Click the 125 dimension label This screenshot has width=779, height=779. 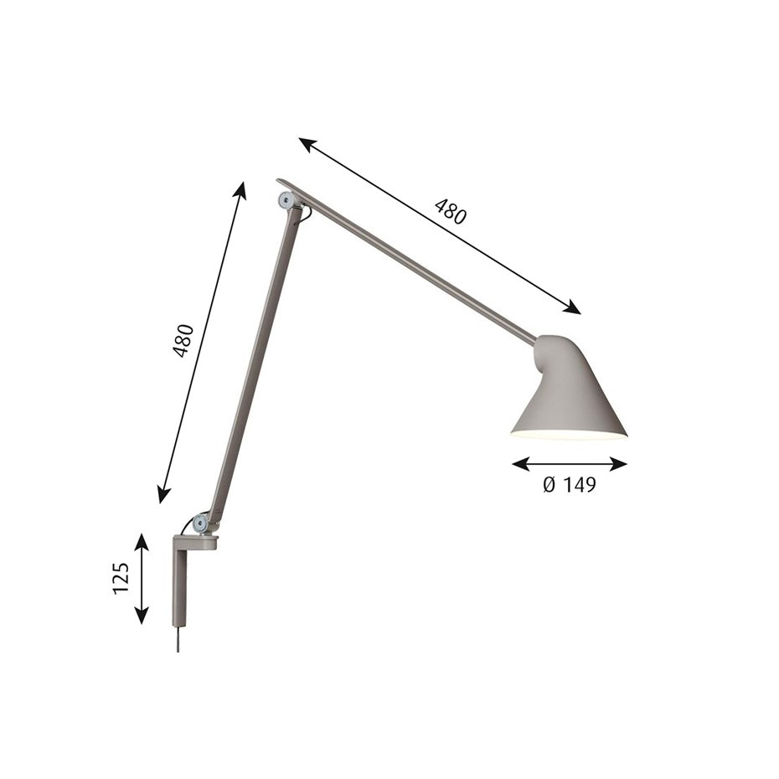(121, 579)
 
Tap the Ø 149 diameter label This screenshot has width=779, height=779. (569, 485)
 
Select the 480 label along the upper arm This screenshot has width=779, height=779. (450, 213)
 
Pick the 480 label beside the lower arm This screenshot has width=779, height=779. (183, 340)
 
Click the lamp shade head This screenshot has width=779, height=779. (573, 394)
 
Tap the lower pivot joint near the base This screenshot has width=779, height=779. (200, 524)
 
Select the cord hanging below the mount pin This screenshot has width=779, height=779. (178, 641)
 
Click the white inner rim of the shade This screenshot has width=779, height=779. (569, 436)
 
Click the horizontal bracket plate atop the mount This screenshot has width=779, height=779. (195, 543)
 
